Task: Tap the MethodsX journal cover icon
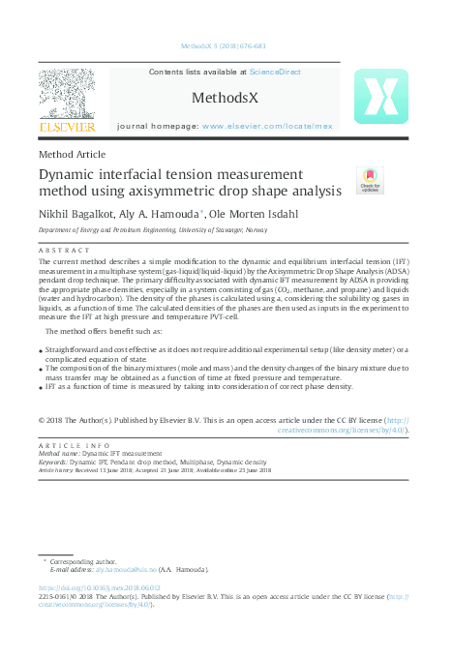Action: tap(380, 96)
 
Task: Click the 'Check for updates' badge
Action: tap(369, 180)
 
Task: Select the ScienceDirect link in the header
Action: tap(275, 73)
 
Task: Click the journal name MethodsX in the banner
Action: tap(224, 98)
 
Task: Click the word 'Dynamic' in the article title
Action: tap(69, 173)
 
